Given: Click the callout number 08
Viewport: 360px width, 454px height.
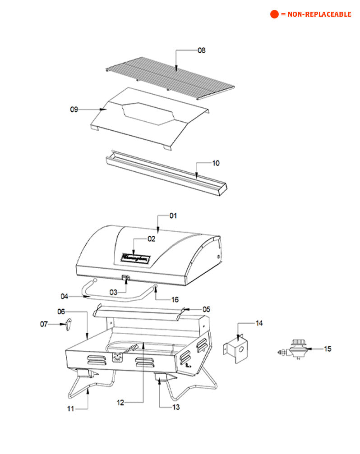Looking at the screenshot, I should tap(201, 50).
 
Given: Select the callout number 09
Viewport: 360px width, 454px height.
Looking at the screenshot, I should tap(74, 109).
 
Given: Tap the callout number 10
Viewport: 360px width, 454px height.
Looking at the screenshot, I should tap(216, 163).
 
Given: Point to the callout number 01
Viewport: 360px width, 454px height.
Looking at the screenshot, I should tap(173, 216).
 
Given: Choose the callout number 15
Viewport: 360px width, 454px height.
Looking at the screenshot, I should tap(328, 349).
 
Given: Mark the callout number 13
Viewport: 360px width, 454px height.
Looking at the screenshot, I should tap(175, 407).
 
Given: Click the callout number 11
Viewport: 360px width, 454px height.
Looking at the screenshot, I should tap(70, 408).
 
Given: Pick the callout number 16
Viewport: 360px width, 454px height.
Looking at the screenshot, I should tap(174, 299).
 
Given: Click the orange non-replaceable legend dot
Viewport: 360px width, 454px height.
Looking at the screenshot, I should tap(274, 14).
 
